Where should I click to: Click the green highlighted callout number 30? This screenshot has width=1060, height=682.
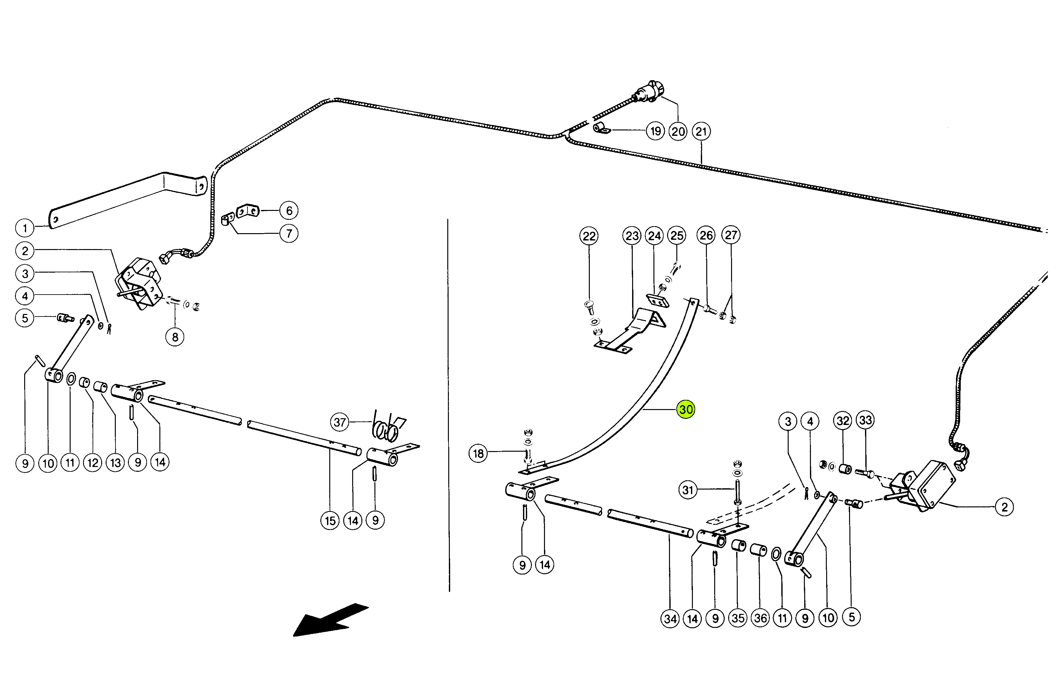point(686,409)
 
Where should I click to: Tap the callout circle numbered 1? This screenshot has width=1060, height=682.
point(25,228)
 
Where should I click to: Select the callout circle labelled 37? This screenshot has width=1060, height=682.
point(340,422)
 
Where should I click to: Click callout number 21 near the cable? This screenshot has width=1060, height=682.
point(701,131)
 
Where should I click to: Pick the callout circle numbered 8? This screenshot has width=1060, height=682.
point(175,337)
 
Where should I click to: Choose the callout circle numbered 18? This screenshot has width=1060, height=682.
point(478,454)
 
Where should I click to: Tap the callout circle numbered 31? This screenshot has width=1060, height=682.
point(687,490)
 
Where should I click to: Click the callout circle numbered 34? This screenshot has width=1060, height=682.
point(670,619)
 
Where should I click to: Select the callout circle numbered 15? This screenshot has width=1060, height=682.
point(330,520)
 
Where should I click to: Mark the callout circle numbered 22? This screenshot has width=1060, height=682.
point(589,236)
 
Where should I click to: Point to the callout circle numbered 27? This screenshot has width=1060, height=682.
point(731,235)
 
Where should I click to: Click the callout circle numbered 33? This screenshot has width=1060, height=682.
point(866,420)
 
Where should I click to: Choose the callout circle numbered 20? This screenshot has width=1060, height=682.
point(678,131)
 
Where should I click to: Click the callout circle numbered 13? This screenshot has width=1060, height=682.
point(115,463)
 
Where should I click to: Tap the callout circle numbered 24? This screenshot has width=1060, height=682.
point(655,236)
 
